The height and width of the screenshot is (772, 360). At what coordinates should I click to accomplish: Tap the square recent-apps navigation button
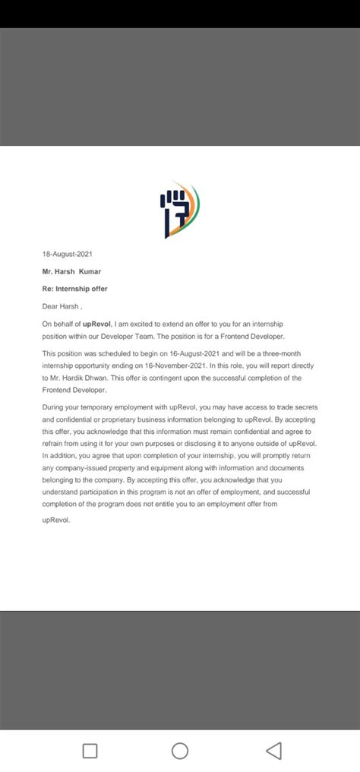click(90, 751)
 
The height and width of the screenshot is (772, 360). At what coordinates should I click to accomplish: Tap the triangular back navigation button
click(273, 751)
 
